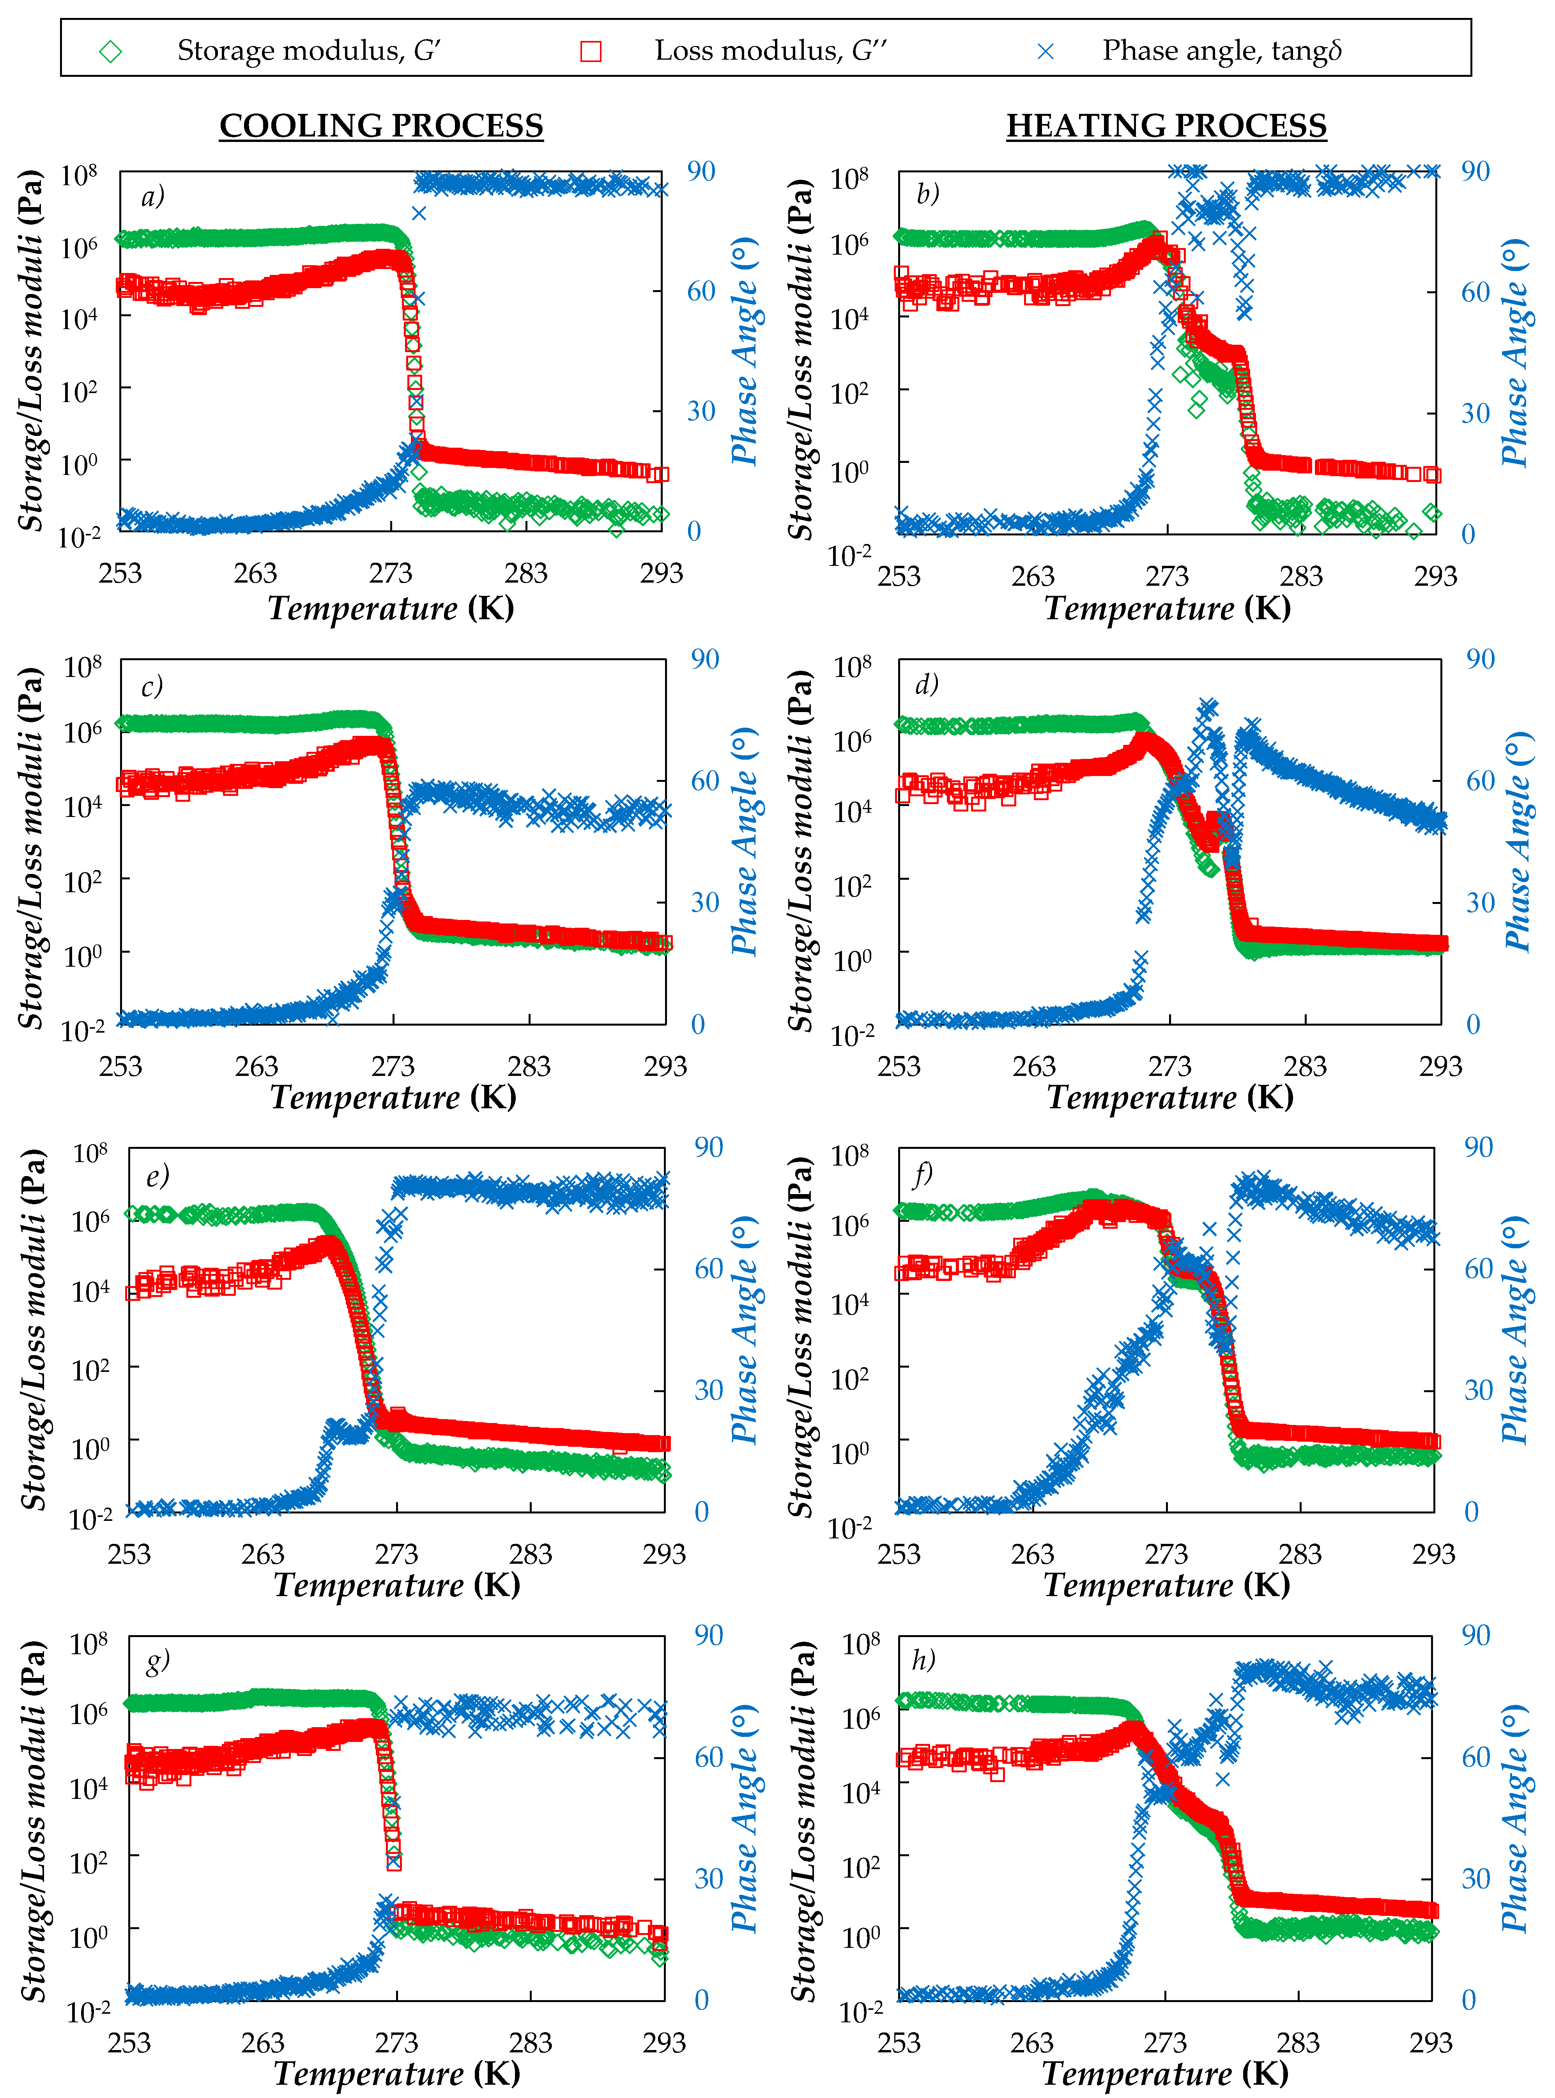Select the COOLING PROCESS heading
click(381, 125)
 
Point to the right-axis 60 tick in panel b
click(1475, 292)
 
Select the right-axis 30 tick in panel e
click(708, 1390)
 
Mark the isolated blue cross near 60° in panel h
click(1223, 1779)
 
